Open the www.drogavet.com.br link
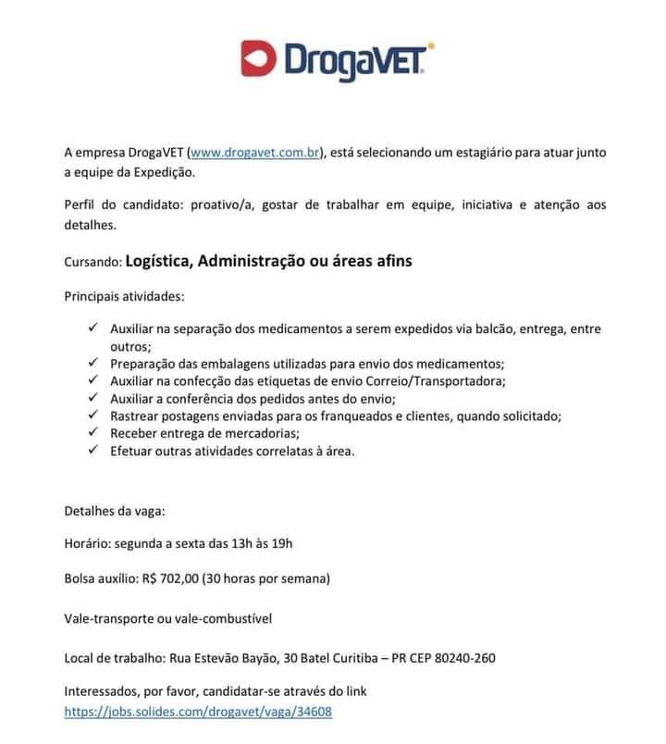(253, 152)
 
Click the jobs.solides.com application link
(198, 712)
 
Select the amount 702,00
(179, 578)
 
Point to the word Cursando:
(92, 262)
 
